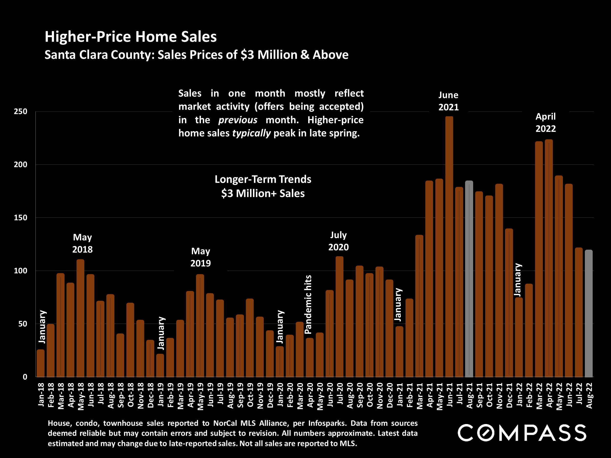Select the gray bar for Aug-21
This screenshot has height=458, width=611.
[x=469, y=279]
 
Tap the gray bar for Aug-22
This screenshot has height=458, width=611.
[x=589, y=313]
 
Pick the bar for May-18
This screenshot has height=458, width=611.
[x=80, y=318]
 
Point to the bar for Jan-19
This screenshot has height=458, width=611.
[x=160, y=365]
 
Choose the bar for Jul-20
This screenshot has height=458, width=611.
[x=339, y=317]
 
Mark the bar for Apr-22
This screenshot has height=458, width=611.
[x=549, y=258]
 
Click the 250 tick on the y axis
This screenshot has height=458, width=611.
[x=21, y=112]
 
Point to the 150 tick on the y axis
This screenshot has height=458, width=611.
[x=21, y=218]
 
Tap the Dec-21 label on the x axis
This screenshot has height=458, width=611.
[x=509, y=395]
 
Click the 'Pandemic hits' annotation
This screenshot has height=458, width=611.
[x=308, y=305]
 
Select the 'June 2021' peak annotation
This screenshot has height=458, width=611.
[x=448, y=101]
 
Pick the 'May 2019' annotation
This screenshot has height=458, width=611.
[x=201, y=257]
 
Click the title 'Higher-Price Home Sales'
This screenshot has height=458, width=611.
[x=131, y=37]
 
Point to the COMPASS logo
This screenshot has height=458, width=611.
[x=522, y=433]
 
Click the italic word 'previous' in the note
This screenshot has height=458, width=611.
[x=238, y=120]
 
